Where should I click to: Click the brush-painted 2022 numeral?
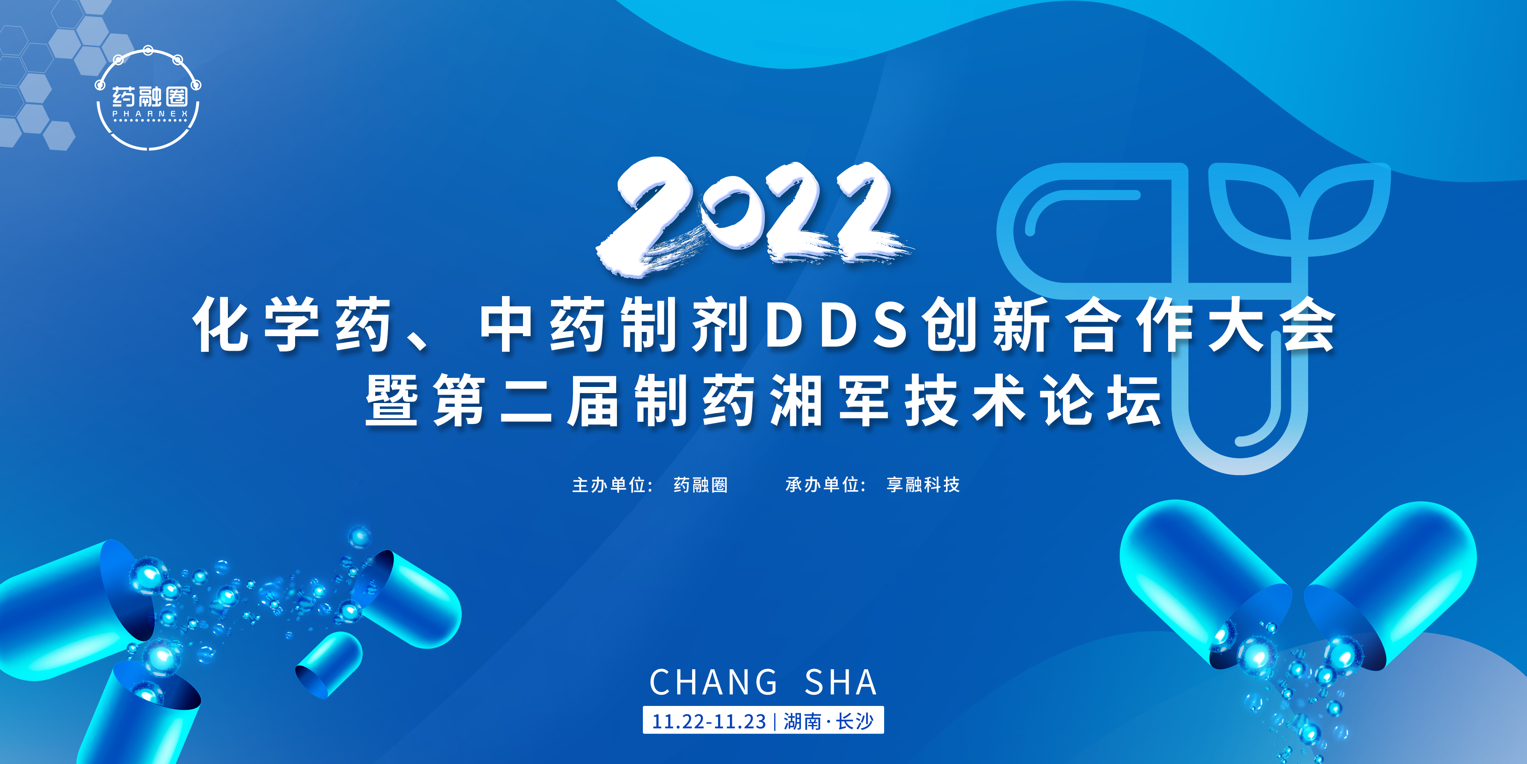753,217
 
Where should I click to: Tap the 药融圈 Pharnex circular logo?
148,100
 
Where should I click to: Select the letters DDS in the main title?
836,325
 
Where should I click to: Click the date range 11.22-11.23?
709,721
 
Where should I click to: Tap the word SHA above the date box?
841,682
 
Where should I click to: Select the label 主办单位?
610,485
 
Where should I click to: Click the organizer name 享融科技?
923,485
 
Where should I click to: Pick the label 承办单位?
824,485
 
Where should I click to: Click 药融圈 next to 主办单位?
700,485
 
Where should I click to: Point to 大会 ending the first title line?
1272,325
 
